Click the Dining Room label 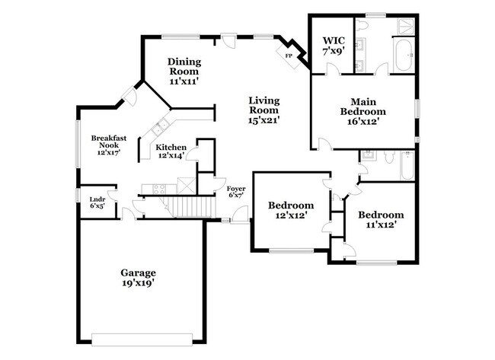pos(183,67)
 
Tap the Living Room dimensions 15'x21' pos(264,119)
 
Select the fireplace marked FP pos(289,56)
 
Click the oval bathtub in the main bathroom pos(403,55)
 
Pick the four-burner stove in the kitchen pos(158,187)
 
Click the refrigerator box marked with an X pos(186,185)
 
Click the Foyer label pos(236,190)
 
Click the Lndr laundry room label pos(97,202)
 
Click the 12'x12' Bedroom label pos(290,210)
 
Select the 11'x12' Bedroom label pos(381,219)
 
